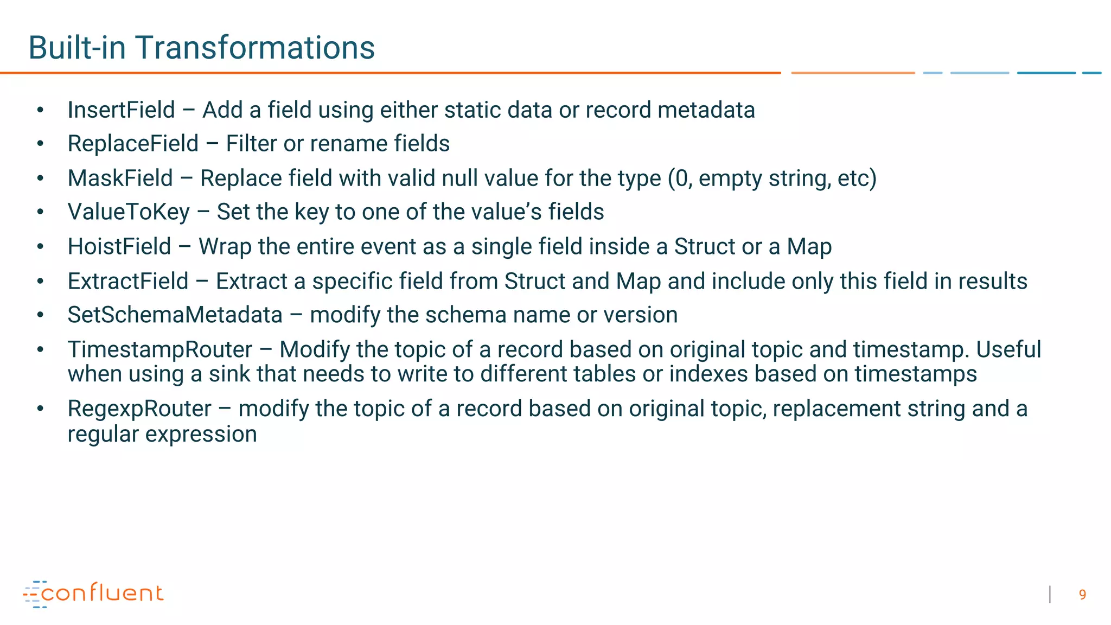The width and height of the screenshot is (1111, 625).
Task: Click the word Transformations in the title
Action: (255, 48)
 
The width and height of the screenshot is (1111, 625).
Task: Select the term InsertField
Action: (121, 110)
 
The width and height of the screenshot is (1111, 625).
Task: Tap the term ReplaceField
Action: (133, 144)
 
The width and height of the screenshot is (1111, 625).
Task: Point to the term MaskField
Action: (120, 178)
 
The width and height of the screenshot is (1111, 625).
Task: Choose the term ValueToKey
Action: (129, 212)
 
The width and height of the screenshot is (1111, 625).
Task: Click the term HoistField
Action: (119, 247)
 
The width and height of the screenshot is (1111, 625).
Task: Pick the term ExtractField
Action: (128, 282)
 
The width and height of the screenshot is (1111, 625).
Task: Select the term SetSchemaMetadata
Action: (175, 315)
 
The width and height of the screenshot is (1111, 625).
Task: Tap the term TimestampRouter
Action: (160, 350)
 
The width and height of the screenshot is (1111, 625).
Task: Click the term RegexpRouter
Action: (139, 409)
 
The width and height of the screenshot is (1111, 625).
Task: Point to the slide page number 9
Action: (1082, 595)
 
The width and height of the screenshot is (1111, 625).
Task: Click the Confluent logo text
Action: (102, 594)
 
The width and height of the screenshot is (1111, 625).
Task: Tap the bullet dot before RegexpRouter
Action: (40, 409)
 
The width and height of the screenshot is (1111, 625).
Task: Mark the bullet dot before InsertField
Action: (40, 110)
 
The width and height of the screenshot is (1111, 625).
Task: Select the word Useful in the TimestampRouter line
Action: (1008, 350)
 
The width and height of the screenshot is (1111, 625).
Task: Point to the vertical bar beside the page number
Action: (1050, 595)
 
